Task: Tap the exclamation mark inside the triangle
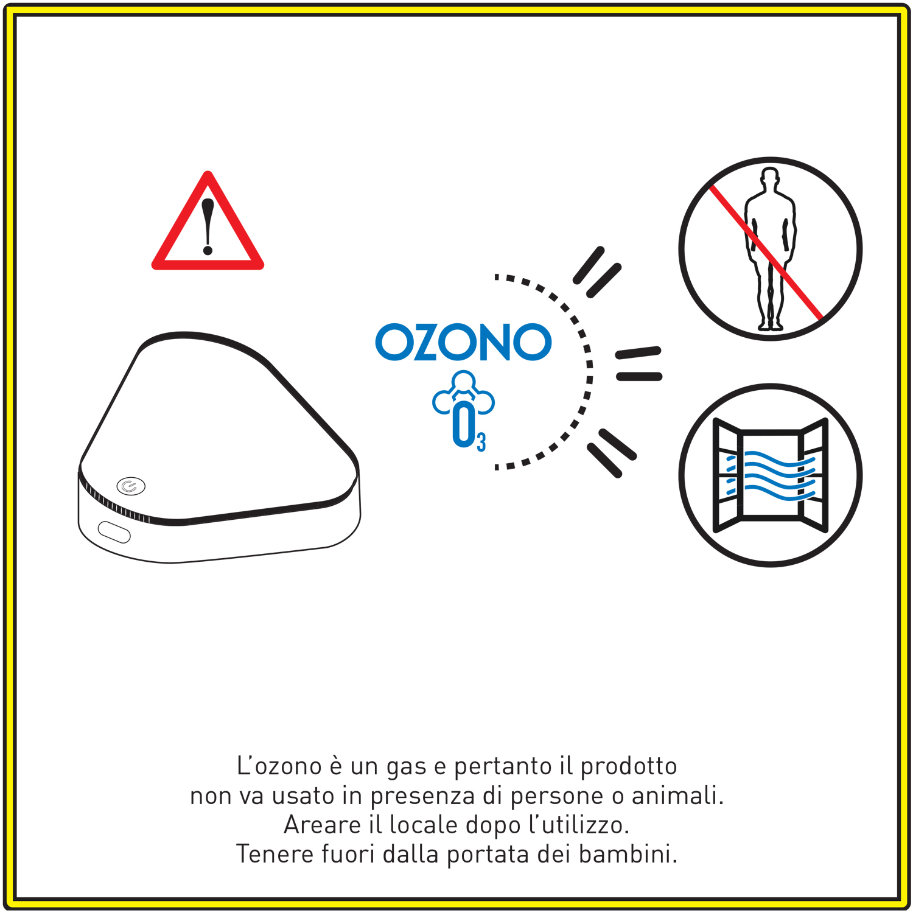[208, 226]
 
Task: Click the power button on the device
[131, 486]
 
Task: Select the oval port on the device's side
[114, 532]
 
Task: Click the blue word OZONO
[463, 342]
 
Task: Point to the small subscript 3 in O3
[481, 442]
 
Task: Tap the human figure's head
[770, 177]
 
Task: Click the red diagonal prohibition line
[766, 253]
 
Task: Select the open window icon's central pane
[771, 475]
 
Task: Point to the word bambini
[628, 853]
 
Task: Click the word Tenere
[275, 853]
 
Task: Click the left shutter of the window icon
[727, 475]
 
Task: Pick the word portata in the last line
[488, 855]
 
